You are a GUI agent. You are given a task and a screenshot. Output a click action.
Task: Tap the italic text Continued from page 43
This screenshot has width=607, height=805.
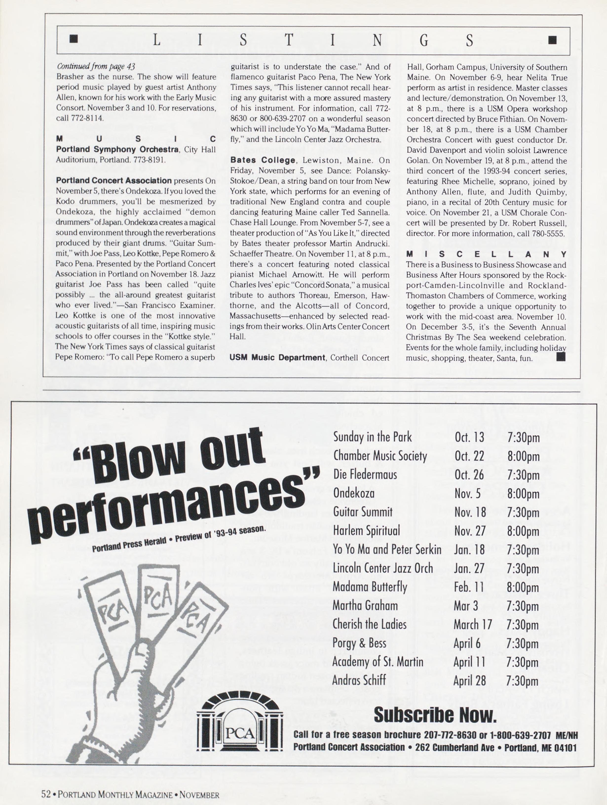click(96, 67)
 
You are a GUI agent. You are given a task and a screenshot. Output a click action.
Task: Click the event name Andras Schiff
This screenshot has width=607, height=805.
click(359, 681)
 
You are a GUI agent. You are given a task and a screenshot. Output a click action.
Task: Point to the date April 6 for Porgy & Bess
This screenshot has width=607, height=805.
click(467, 643)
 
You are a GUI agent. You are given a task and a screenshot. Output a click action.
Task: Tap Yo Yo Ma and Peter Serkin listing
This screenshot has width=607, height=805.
click(387, 549)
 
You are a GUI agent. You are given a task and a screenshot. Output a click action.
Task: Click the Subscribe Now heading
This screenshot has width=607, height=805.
click(435, 715)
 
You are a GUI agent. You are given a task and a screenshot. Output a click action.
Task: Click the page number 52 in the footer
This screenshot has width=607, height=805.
click(46, 794)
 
